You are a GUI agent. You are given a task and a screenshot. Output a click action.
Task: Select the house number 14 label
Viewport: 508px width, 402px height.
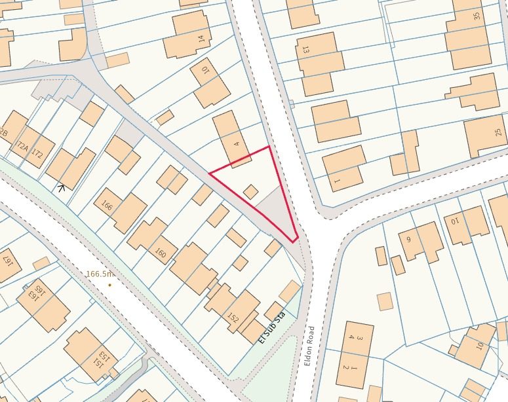[201, 39]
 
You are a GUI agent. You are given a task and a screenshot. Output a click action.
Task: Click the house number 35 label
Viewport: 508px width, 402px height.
[477, 16]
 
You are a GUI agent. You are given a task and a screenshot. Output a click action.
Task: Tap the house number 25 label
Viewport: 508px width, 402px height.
[499, 132]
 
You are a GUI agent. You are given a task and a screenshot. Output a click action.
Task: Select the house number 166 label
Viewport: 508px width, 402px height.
[107, 206]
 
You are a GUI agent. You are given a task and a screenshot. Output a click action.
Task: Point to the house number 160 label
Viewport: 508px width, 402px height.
[160, 253]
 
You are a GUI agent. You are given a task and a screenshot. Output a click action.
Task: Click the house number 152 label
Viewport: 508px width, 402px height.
[232, 318]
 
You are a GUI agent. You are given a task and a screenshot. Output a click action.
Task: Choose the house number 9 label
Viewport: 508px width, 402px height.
[408, 239]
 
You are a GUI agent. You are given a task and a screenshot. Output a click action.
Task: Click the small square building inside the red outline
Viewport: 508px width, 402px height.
[250, 191]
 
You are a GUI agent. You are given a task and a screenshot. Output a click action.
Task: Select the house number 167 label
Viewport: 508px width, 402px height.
[9, 262]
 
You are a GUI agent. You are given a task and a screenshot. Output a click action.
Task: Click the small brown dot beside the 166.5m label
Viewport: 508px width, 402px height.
[109, 285]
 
